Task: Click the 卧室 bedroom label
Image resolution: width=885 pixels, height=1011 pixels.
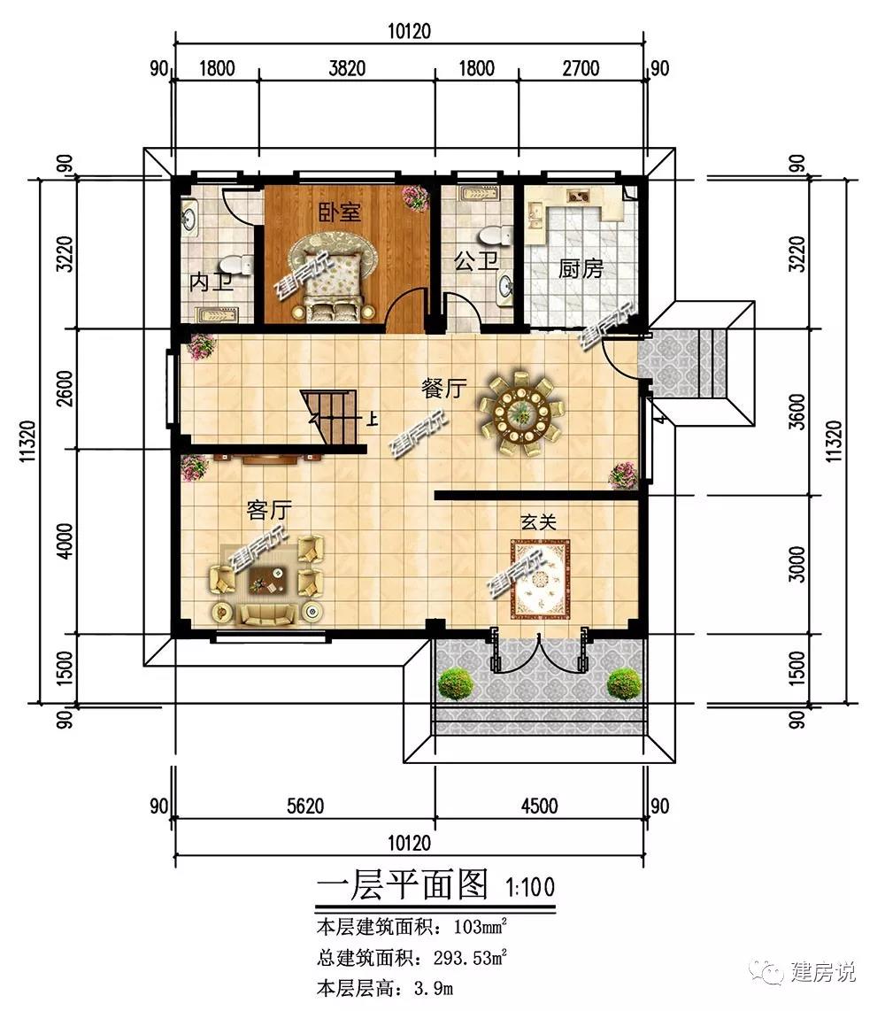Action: click(x=340, y=212)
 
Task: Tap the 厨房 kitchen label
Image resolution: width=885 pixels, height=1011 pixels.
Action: click(x=580, y=268)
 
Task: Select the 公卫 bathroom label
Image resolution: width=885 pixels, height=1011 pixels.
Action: click(x=476, y=261)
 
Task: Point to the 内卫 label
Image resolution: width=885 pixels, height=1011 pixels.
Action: click(x=211, y=282)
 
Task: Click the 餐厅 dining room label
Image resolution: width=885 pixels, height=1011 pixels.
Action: click(x=443, y=388)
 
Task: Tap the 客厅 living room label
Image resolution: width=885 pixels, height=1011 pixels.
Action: click(x=269, y=510)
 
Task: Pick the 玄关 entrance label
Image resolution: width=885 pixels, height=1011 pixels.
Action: click(x=538, y=521)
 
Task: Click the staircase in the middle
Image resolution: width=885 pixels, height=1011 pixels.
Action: click(x=331, y=417)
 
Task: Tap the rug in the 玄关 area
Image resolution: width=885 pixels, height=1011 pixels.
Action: click(x=542, y=579)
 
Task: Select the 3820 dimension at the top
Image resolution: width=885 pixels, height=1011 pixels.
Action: click(x=347, y=68)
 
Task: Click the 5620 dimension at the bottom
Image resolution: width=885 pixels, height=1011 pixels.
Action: click(x=305, y=806)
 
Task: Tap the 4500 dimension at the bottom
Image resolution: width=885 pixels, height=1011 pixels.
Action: click(x=540, y=806)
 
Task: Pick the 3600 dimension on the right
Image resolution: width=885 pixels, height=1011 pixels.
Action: click(x=797, y=412)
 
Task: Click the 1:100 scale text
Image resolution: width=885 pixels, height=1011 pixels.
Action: click(x=530, y=887)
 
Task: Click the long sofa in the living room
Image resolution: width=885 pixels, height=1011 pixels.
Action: click(x=267, y=614)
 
